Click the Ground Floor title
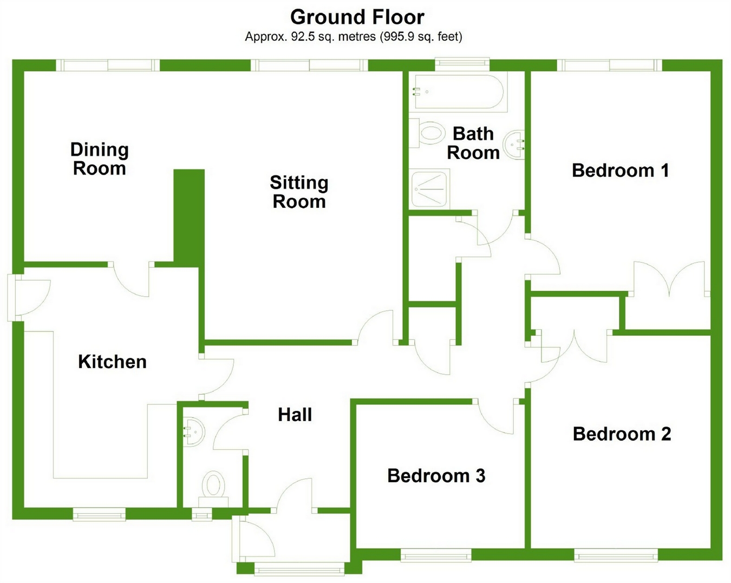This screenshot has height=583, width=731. (357, 17)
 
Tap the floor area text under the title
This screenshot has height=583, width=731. (353, 37)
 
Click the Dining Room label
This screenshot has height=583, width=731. (99, 159)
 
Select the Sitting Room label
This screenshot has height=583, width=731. (299, 192)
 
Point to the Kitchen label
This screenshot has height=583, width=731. (112, 362)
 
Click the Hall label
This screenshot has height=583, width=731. (295, 415)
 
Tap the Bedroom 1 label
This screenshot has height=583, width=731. (620, 171)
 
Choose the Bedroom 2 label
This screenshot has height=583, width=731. (622, 434)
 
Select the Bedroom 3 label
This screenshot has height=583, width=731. (436, 476)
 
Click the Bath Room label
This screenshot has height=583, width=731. (473, 143)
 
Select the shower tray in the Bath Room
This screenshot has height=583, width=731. (430, 189)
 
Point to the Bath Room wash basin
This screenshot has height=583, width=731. (515, 144)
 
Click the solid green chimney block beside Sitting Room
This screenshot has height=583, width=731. (188, 217)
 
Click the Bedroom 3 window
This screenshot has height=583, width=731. (435, 555)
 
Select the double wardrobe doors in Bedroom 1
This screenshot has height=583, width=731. (670, 279)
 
